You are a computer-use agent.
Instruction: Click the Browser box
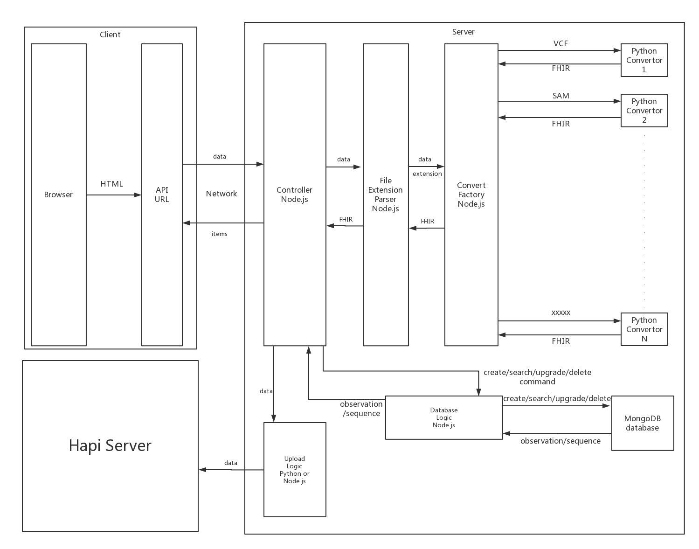click(x=58, y=195)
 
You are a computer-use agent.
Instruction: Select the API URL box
click(x=162, y=195)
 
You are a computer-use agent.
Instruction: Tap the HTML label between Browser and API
click(x=112, y=184)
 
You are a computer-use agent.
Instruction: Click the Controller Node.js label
click(x=294, y=195)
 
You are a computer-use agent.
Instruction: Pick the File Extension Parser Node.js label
click(x=386, y=195)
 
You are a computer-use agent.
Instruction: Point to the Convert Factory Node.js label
click(x=471, y=195)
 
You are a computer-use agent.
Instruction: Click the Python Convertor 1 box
click(x=644, y=60)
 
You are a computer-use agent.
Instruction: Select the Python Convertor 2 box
click(x=644, y=111)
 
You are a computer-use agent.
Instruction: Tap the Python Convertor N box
click(x=644, y=329)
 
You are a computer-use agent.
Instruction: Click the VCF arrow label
click(x=561, y=43)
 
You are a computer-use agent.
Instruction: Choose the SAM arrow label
click(x=561, y=96)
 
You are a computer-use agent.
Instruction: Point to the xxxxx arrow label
click(x=561, y=313)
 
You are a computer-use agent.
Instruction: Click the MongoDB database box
click(x=642, y=423)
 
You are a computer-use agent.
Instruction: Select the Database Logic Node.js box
click(x=444, y=417)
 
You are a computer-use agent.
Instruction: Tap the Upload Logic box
click(x=294, y=470)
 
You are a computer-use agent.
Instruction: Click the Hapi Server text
click(x=110, y=445)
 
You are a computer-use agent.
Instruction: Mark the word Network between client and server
click(x=221, y=194)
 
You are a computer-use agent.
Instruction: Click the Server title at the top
click(x=463, y=32)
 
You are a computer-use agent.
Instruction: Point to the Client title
click(x=110, y=35)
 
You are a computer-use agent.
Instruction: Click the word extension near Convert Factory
click(x=427, y=174)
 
